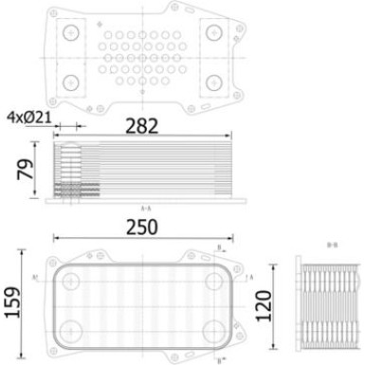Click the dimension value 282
click(x=147, y=126)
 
